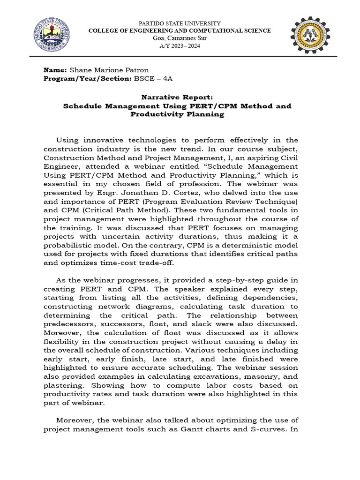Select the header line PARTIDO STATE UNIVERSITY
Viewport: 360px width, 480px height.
pos(180,23)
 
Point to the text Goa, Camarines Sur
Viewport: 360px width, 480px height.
pos(180,38)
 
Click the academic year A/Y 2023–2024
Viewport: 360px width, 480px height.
pos(180,45)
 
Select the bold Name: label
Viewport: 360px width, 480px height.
pos(55,69)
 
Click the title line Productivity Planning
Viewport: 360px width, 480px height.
pos(177,114)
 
